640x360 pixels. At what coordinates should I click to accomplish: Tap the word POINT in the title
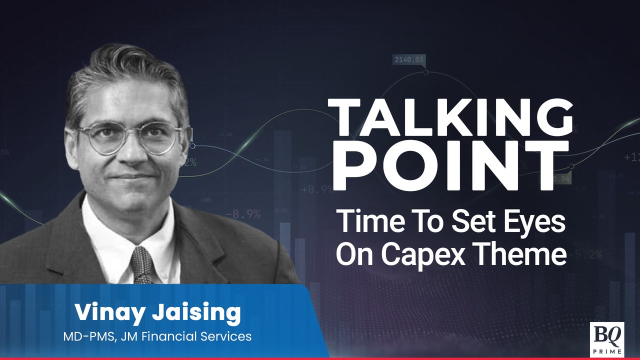450,165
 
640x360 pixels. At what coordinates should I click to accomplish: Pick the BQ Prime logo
606,338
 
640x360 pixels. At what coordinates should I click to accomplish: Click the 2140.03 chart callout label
409,60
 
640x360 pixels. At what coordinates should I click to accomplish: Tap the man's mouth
131,176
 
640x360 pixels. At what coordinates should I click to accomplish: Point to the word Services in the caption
222,336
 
